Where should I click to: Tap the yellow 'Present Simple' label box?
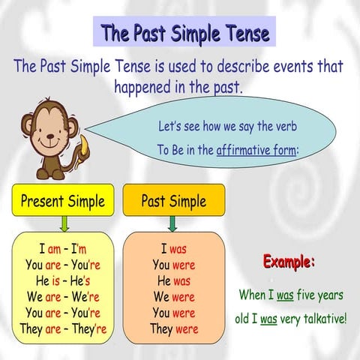tap(63, 201)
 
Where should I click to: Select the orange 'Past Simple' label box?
tap(173, 201)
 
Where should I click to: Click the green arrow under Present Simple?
tap(64, 223)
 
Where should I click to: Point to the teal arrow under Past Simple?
tap(172, 223)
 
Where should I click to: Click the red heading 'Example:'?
tap(289, 262)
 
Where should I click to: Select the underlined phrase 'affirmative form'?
tap(256, 149)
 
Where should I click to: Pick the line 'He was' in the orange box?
tap(173, 280)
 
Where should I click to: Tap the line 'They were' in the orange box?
tap(173, 328)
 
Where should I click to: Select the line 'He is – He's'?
tap(63, 280)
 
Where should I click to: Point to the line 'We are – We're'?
tap(63, 296)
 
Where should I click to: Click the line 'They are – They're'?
tap(63, 328)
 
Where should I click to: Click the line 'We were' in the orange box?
tap(173, 296)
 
